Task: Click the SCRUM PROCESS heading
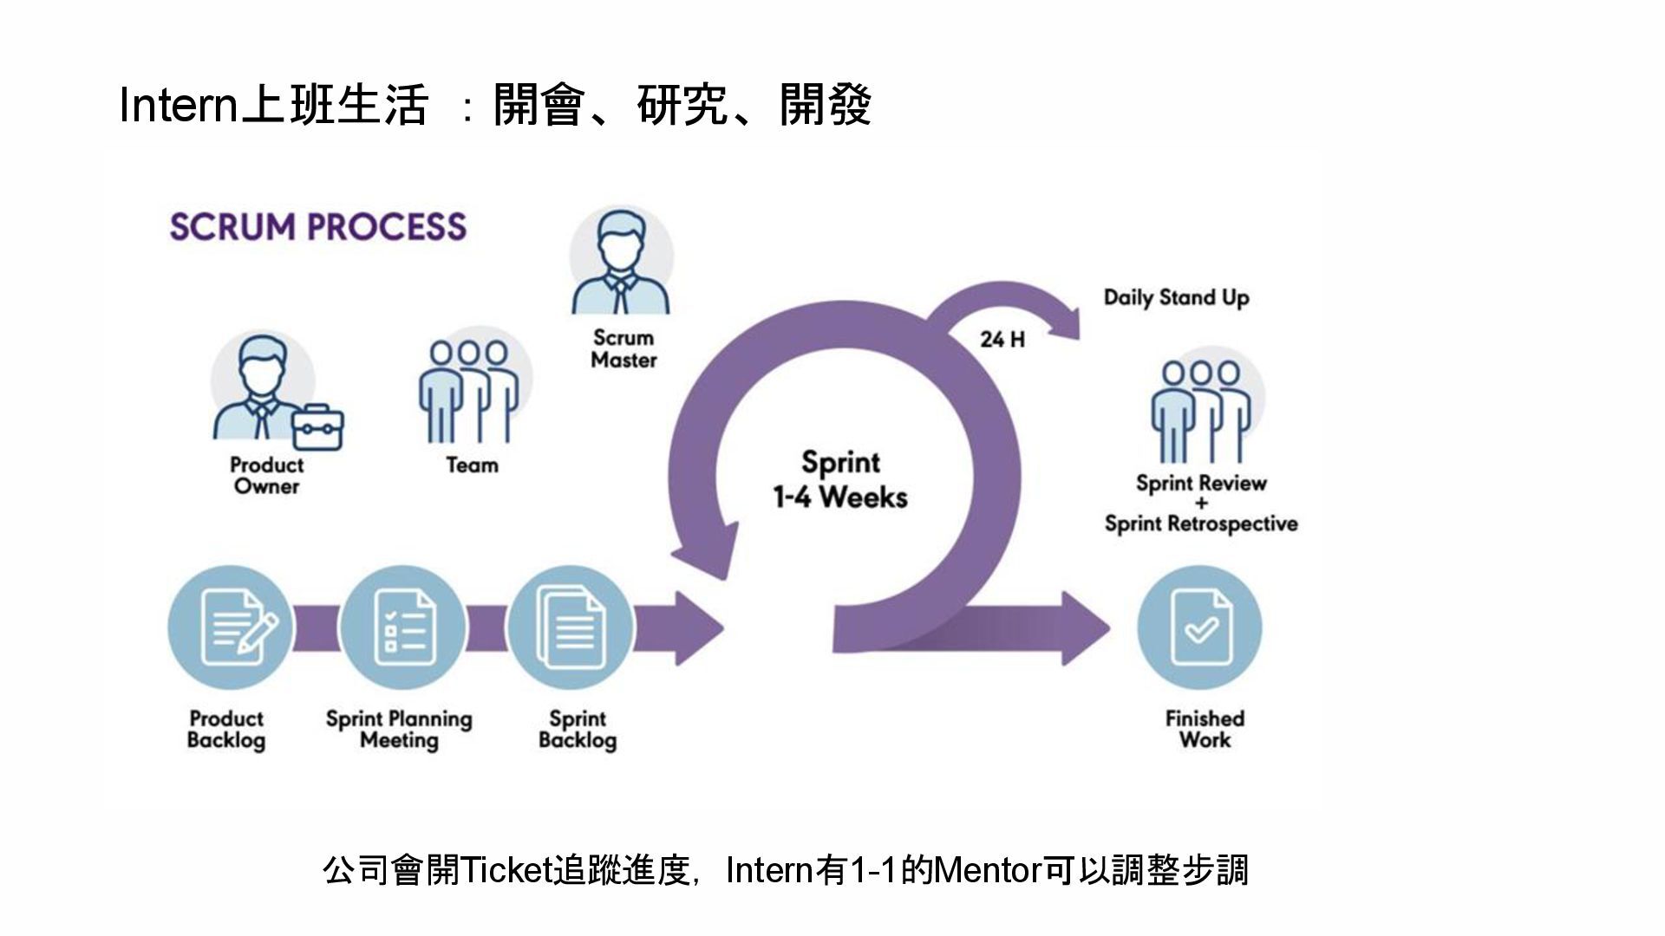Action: (x=317, y=227)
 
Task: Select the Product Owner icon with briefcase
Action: (x=264, y=391)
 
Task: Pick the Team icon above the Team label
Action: (x=469, y=391)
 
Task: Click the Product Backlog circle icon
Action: (x=230, y=627)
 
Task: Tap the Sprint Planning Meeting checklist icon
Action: (x=402, y=627)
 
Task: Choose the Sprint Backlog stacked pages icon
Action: (x=571, y=627)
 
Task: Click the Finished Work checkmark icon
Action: (x=1199, y=627)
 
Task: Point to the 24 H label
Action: (x=1002, y=340)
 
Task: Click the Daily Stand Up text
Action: (x=1176, y=298)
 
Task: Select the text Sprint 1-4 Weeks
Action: (x=839, y=480)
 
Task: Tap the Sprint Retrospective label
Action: (x=1201, y=524)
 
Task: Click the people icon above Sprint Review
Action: (x=1201, y=411)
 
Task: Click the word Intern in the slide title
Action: (x=178, y=106)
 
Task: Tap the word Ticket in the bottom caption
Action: (x=506, y=870)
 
